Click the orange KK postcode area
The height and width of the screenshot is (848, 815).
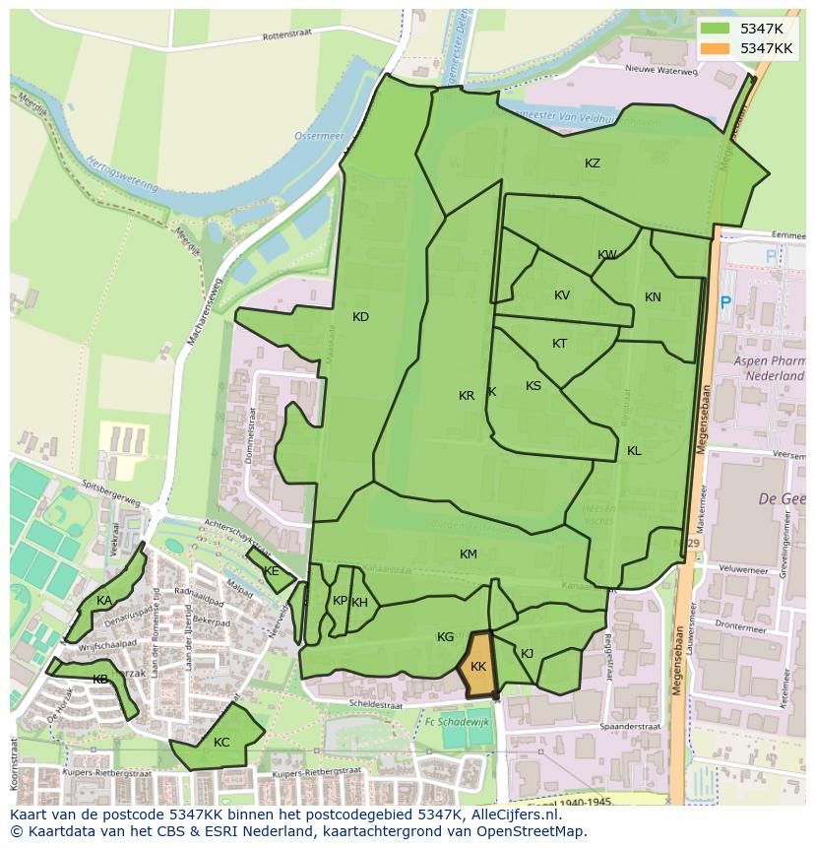(x=478, y=667)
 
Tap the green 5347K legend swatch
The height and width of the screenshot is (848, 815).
(x=715, y=29)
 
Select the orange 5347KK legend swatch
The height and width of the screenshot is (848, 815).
(x=715, y=48)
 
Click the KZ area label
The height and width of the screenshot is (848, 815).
(x=593, y=163)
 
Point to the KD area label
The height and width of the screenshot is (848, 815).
(x=360, y=317)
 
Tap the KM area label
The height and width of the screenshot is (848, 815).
(x=469, y=554)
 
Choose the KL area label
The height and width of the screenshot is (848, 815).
(x=634, y=451)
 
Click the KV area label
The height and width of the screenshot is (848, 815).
(x=562, y=295)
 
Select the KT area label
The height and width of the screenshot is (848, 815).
(x=560, y=344)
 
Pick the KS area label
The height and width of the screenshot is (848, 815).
(x=533, y=386)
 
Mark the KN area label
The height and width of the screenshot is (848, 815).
(x=653, y=297)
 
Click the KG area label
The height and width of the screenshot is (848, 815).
(x=445, y=637)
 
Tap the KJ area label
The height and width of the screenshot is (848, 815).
(x=528, y=653)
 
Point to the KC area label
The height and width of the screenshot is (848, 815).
(x=221, y=743)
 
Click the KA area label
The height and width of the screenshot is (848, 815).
(x=104, y=601)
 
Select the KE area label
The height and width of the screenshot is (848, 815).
(x=271, y=571)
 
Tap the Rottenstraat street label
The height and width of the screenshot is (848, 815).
(x=286, y=35)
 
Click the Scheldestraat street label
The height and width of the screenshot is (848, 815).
(x=375, y=705)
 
